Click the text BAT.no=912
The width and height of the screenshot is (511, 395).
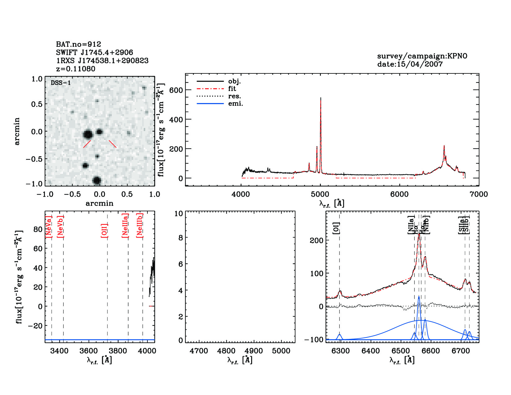[78, 44]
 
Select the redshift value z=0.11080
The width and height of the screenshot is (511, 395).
[76, 69]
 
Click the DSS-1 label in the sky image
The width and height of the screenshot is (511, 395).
[61, 83]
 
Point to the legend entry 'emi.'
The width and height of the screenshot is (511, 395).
[235, 104]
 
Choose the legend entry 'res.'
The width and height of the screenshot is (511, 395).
[234, 96]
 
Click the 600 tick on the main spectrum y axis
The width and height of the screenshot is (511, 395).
[176, 90]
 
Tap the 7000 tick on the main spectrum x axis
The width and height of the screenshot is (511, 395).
[479, 195]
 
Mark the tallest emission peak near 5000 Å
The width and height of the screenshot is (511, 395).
[321, 98]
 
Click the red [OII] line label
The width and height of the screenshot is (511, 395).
[104, 230]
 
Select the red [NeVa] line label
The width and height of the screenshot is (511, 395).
[49, 227]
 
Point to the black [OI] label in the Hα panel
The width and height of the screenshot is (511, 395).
[336, 228]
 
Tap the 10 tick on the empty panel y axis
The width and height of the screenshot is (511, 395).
[179, 213]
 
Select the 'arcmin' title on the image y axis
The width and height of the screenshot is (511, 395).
[17, 131]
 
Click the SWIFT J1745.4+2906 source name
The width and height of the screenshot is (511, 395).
[94, 52]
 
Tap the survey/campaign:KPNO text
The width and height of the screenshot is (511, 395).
[422, 56]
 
